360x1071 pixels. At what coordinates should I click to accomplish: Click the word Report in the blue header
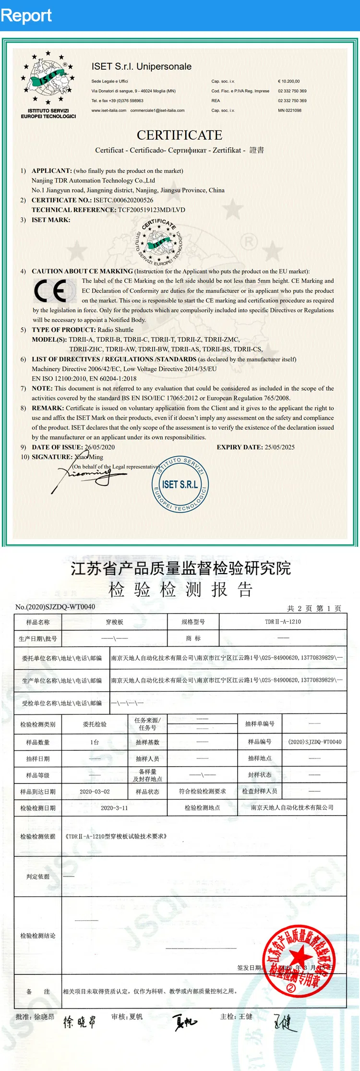26,15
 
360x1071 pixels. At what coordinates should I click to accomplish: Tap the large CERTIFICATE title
180,135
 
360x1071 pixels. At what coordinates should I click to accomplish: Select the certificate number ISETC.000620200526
123,200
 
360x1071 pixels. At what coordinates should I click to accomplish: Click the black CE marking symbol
50,291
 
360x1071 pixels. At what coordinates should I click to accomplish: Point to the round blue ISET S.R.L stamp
180,484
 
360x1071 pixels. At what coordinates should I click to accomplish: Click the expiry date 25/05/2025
279,447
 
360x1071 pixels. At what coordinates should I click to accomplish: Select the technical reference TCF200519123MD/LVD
151,210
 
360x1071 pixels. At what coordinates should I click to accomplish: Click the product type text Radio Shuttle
115,330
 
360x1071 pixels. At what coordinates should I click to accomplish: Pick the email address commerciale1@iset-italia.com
157,110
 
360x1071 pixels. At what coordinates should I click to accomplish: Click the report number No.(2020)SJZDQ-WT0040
55,607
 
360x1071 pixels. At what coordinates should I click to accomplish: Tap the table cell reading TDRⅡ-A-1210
283,622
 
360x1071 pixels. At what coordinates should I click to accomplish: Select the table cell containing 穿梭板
114,622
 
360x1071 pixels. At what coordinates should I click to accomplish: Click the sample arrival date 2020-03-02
95,792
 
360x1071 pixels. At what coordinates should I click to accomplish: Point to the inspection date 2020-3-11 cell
114,808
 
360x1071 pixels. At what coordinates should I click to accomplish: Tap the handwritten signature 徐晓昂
80,1022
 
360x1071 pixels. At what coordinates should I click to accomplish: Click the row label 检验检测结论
38,936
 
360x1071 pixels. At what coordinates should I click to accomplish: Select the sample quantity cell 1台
95,742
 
